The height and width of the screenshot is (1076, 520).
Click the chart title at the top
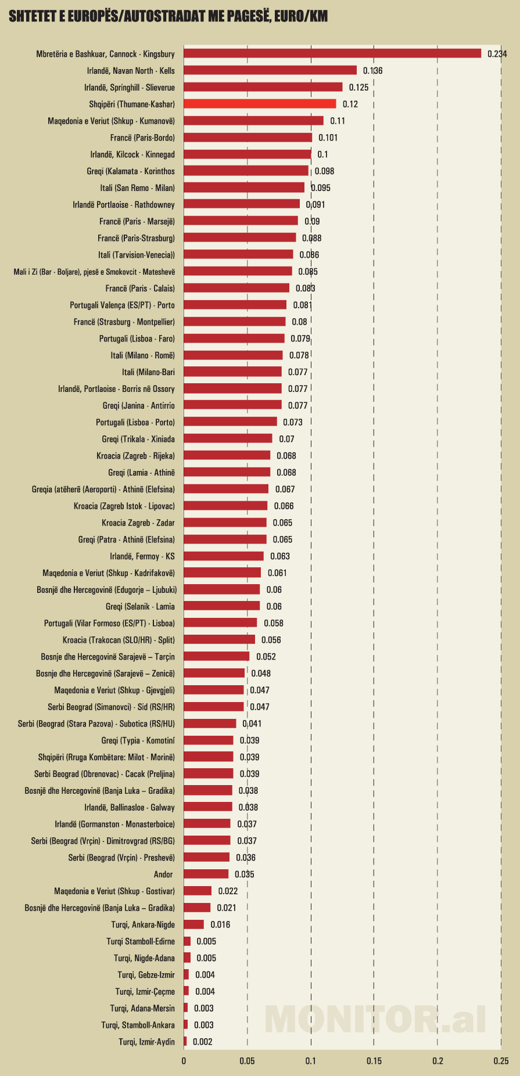pos(168,16)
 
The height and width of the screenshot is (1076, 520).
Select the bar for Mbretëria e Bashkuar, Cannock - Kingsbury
pos(332,53)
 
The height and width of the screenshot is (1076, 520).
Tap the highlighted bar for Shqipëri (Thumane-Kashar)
pos(260,104)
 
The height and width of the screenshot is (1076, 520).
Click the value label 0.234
pos(497,54)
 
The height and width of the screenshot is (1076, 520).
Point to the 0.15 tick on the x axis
pos(374,1061)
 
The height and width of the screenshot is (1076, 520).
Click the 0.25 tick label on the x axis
pos(501,1061)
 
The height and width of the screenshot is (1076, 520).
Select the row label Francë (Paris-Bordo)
pos(142,138)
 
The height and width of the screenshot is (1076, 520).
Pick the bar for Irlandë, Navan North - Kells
pos(270,70)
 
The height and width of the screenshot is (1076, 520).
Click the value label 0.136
pos(372,71)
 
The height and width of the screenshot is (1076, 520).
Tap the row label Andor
pos(163,875)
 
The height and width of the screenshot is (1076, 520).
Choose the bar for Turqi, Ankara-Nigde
pos(193,924)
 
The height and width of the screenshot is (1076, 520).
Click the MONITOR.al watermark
pos(375,1019)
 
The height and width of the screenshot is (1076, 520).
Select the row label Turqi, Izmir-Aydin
pos(146,1042)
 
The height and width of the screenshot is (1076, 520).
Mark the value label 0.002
pos(202,1042)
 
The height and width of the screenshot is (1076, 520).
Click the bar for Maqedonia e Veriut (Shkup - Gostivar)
pos(198,891)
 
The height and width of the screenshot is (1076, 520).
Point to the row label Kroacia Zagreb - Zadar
pos(138,523)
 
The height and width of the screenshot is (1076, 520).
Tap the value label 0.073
pos(293,422)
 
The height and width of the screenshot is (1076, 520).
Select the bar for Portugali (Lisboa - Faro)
pos(234,339)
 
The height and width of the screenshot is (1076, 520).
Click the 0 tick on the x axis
pos(184,1061)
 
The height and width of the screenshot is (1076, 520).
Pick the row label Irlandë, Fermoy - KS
pos(142,556)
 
